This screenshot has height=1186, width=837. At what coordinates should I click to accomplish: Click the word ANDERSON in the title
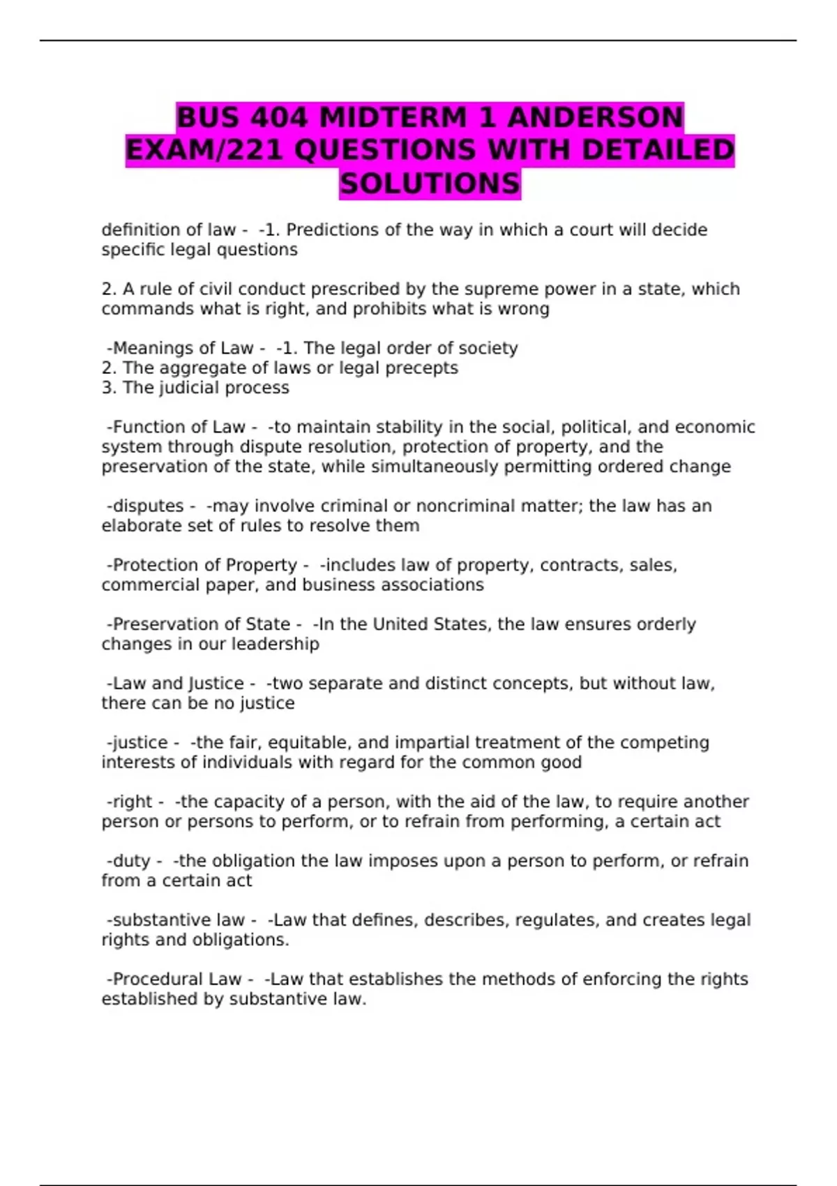[x=595, y=117]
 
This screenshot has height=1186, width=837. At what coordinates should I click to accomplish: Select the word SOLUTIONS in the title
[x=430, y=183]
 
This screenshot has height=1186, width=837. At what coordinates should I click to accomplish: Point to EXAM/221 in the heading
[x=204, y=150]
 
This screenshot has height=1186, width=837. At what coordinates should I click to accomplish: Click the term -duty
[x=128, y=861]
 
